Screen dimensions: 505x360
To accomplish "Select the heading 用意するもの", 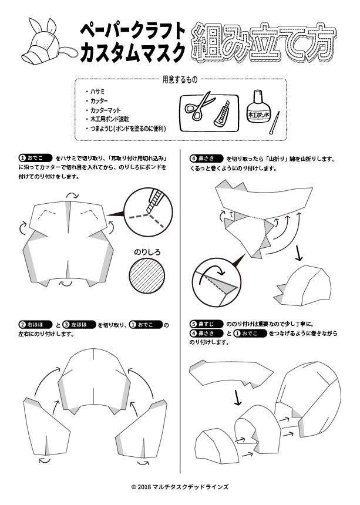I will [180, 79].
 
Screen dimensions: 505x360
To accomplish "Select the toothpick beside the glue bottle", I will [273, 122].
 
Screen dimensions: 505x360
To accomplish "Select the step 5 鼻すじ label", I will [206, 324].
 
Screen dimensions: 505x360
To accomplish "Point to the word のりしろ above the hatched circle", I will [147, 252].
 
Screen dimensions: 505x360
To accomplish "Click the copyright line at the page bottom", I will [180, 487].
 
